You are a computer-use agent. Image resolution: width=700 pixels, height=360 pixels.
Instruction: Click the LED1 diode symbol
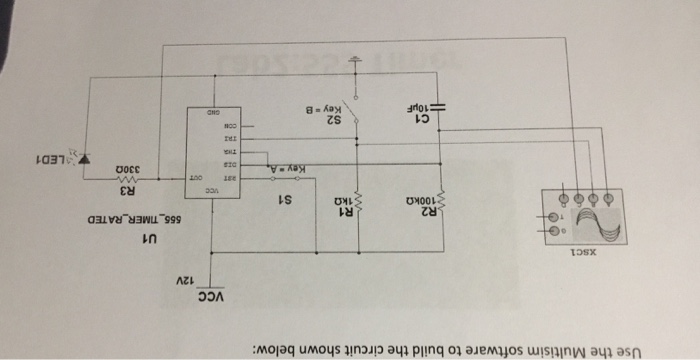[84, 157]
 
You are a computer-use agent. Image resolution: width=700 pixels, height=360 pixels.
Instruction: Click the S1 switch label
[284, 198]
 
